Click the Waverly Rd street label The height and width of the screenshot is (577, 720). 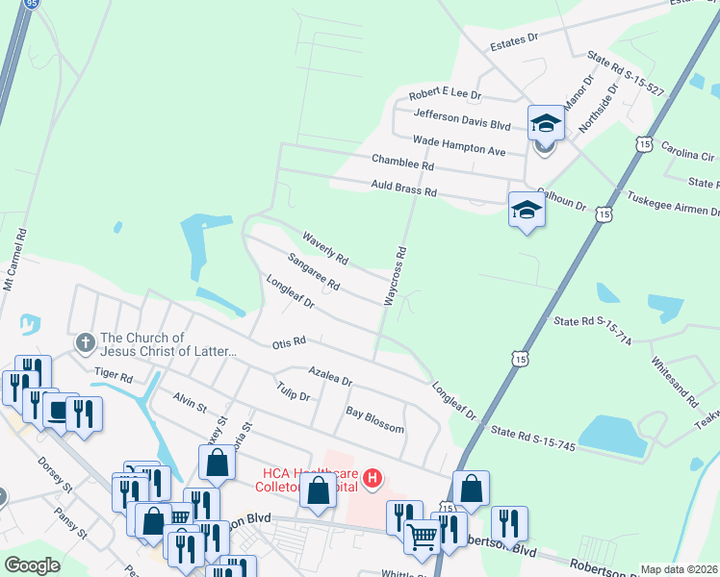click(x=324, y=248)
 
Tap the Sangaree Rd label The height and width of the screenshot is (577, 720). click(x=314, y=272)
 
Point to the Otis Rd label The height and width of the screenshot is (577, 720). click(x=289, y=341)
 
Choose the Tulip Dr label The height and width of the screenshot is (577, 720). click(x=292, y=395)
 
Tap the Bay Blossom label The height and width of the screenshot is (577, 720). click(x=374, y=413)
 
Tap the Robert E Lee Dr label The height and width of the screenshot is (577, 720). click(x=444, y=96)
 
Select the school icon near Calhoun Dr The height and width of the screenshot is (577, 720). click(x=527, y=211)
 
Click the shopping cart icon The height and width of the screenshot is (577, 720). click(x=421, y=536)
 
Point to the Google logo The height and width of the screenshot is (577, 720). click(x=33, y=565)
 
